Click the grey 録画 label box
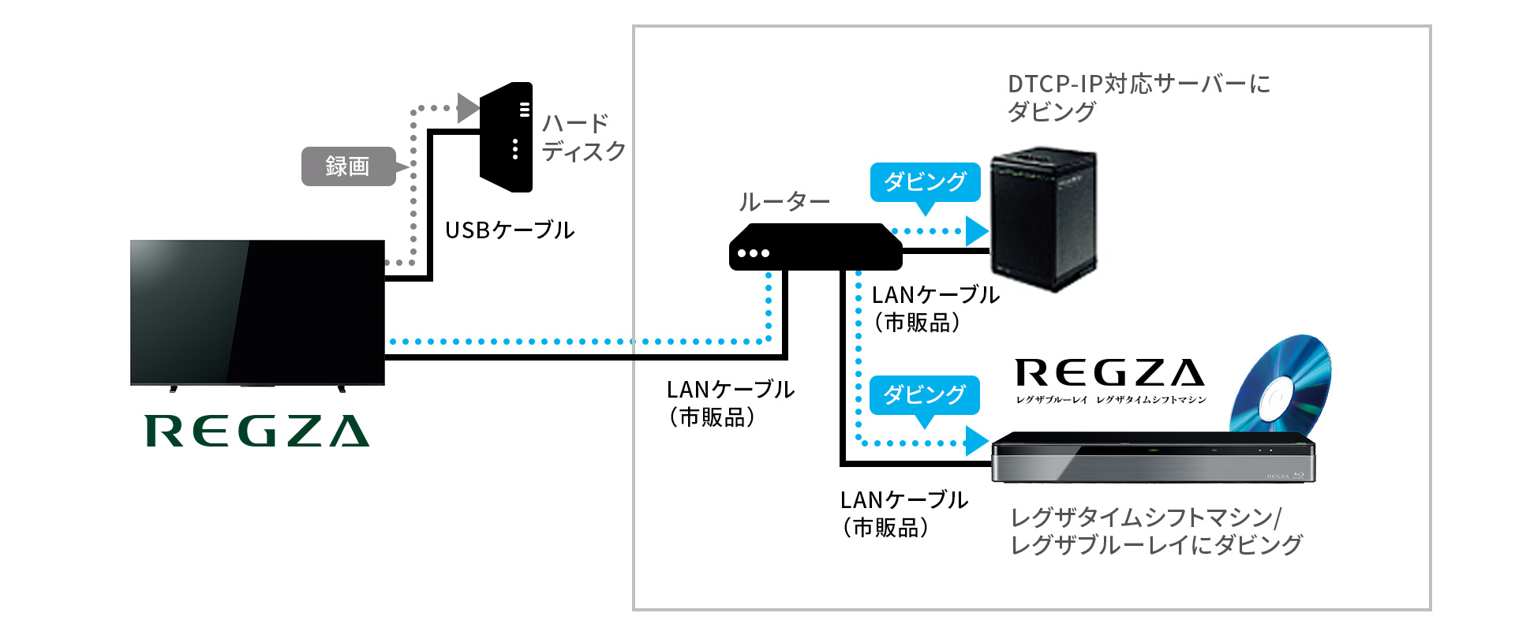click(348, 166)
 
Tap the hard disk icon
click(507, 137)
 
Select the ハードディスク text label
click(583, 137)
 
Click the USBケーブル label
click(510, 230)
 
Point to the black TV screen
click(257, 312)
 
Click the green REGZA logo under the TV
click(257, 431)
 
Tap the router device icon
click(815, 247)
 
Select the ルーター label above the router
click(784, 202)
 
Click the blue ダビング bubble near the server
click(925, 182)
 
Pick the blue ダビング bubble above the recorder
click(924, 394)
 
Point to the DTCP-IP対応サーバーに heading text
click(1139, 84)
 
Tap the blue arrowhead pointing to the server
click(977, 231)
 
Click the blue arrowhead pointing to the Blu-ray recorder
click(977, 441)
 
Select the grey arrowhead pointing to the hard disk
click(468, 108)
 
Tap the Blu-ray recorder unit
click(1152, 458)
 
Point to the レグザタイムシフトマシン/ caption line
click(1146, 518)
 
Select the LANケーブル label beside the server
click(935, 295)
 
